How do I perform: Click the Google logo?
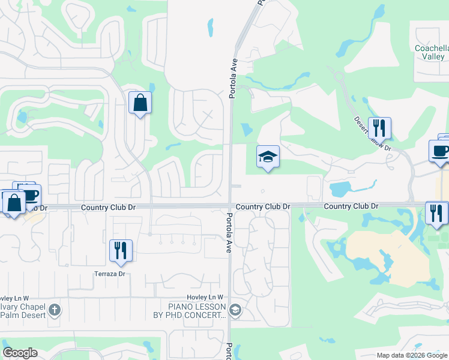coord(20,353)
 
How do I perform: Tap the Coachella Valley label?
coord(432,52)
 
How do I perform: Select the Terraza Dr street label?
coord(109,274)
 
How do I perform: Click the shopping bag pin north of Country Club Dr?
coord(140,103)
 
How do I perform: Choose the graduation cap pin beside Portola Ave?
coord(268,157)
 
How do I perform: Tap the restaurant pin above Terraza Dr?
coord(121,250)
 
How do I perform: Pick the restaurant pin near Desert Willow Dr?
coord(379,128)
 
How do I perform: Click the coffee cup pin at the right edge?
coord(439,151)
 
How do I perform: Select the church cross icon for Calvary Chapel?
coord(55,310)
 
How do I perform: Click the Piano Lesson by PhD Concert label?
coord(188,311)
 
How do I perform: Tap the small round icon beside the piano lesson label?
coord(235,310)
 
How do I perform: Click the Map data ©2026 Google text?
coord(411,355)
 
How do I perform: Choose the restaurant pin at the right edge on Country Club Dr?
coord(436,212)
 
